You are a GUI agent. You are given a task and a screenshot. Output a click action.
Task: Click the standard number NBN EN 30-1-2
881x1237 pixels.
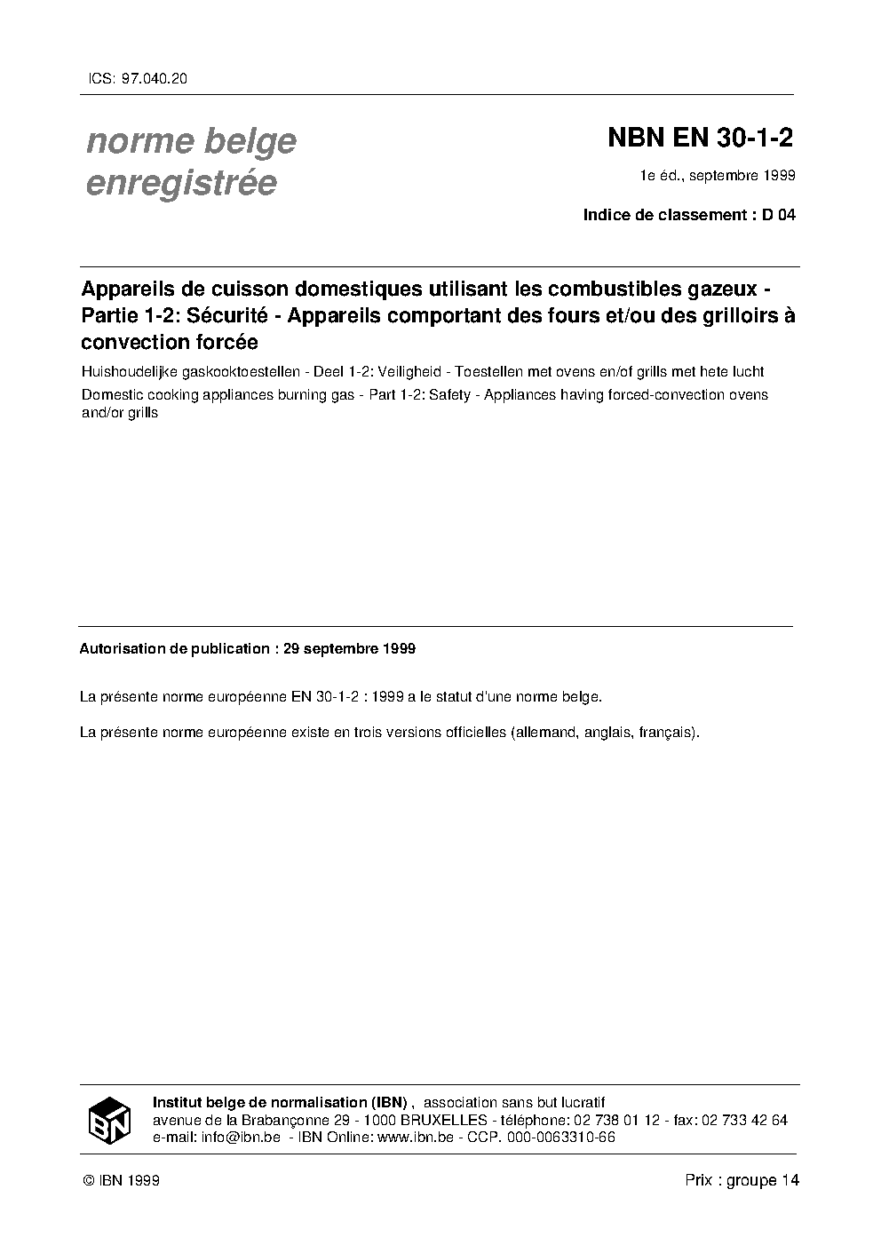700,139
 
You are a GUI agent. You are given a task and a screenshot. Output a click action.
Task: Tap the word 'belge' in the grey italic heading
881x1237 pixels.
250,140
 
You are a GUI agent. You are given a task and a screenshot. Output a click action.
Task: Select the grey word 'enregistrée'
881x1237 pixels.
181,183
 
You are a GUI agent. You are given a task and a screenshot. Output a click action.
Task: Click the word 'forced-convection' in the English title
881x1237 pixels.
652,394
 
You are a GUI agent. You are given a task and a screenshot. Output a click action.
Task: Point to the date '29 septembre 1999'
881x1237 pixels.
349,648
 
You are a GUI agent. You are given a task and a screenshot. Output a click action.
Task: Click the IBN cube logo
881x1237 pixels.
109,1120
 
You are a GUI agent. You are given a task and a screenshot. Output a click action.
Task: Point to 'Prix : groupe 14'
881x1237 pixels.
742,1180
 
